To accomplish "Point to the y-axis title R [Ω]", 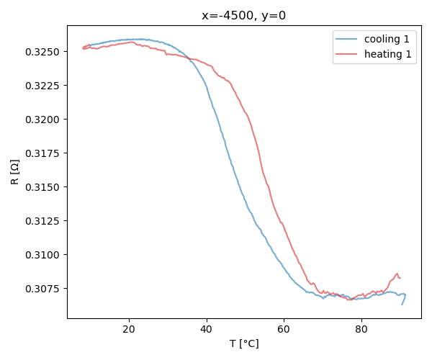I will [15, 171].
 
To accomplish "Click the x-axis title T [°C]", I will [244, 343].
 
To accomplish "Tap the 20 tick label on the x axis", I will [129, 330].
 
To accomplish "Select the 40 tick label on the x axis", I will [207, 330].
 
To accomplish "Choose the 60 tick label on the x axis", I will [284, 330].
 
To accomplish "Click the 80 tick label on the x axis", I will [361, 330].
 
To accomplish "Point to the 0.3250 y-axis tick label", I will [45, 52].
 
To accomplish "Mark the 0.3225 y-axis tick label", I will [45, 86].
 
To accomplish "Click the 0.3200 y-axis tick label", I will [45, 120].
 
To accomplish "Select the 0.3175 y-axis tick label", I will [45, 153].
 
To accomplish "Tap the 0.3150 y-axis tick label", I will [45, 187].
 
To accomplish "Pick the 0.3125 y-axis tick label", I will [45, 221].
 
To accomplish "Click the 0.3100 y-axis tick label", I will [45, 255].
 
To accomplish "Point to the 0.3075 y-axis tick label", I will [45, 289].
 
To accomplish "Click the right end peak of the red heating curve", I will [397, 273].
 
